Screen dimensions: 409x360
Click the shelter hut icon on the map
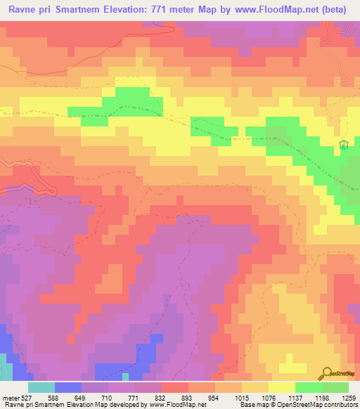tap(343, 145)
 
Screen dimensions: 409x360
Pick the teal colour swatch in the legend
tap(41, 387)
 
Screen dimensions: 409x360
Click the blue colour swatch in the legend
tap(68, 387)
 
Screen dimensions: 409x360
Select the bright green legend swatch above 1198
tap(309, 387)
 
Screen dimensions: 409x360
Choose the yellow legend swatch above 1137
tap(282, 387)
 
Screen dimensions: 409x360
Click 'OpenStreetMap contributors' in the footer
tap(316, 405)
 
